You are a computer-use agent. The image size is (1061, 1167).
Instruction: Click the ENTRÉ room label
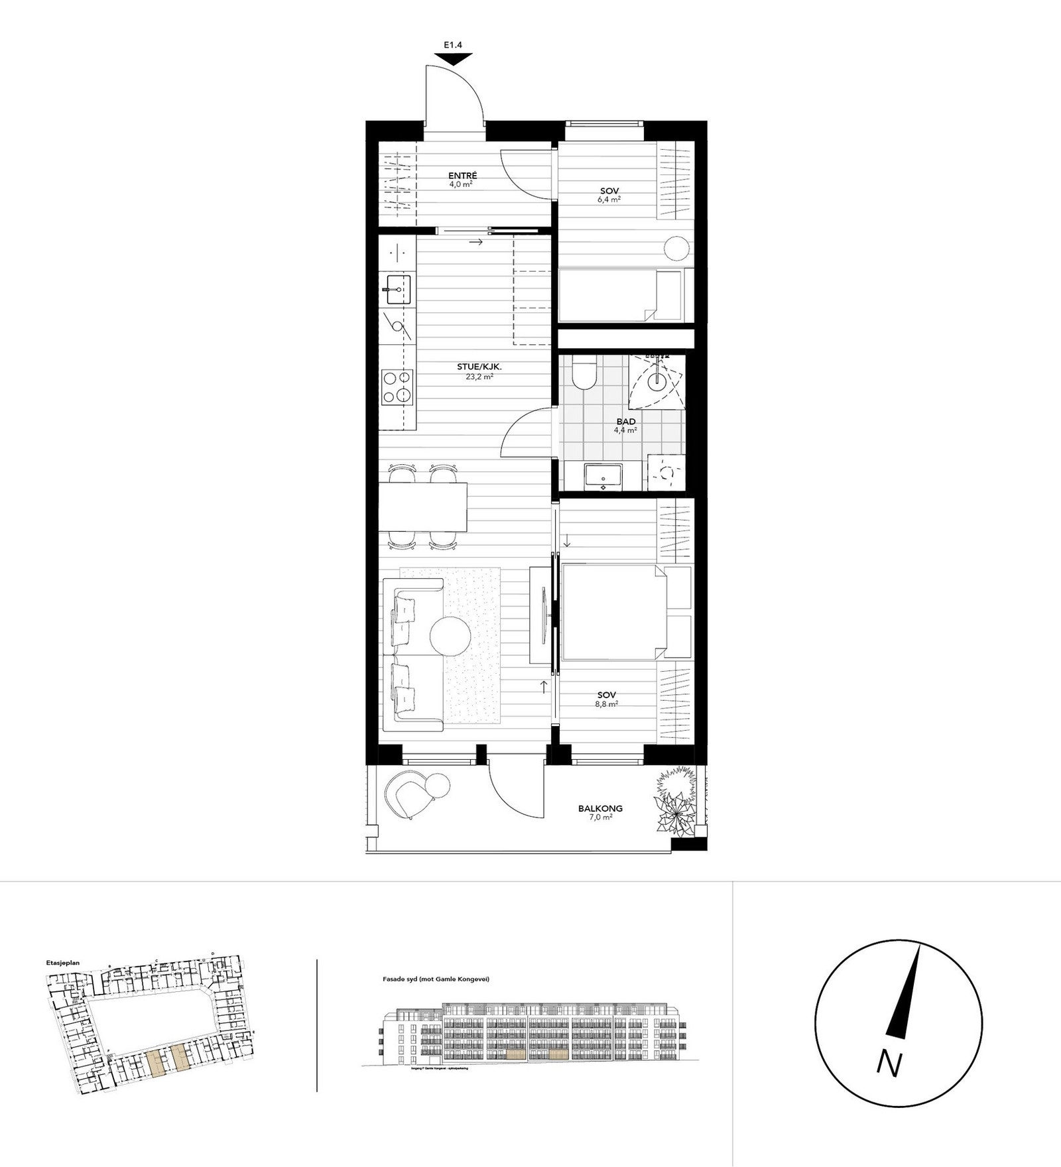(x=463, y=176)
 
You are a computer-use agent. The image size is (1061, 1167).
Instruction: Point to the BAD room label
(x=625, y=422)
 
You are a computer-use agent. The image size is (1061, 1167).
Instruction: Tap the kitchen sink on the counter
(x=397, y=288)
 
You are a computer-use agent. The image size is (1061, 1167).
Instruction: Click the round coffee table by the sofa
(x=450, y=635)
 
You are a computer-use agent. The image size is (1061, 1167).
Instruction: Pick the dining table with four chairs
(x=423, y=507)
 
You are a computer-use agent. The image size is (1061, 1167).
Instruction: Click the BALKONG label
(x=600, y=808)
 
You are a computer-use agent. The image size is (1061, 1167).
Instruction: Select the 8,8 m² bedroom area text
(x=607, y=704)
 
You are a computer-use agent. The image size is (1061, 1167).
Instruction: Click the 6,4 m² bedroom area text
(x=609, y=199)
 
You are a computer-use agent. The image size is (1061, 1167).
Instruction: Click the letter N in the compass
(x=889, y=1064)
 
